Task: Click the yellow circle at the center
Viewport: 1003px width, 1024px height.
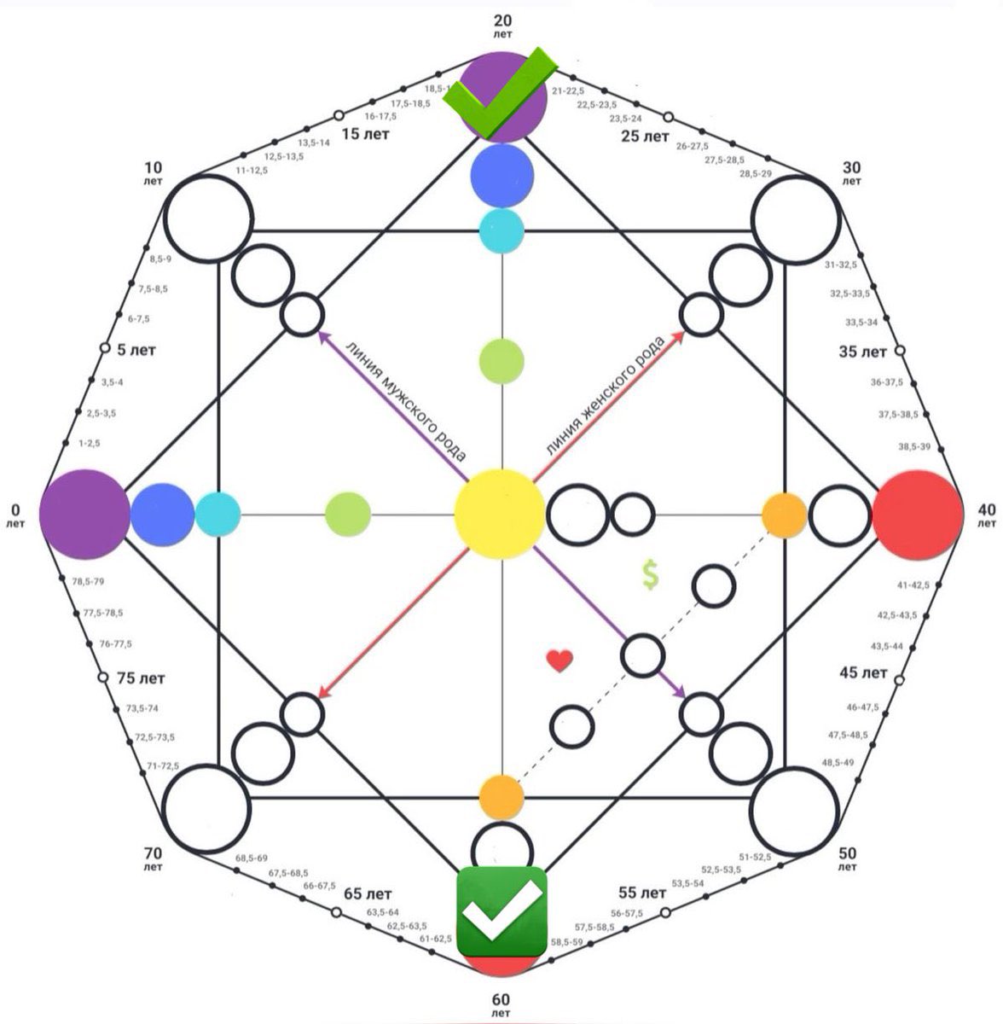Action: pos(500,514)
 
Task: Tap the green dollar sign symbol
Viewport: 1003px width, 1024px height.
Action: pos(651,576)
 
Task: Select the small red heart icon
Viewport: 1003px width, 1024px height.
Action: pos(559,660)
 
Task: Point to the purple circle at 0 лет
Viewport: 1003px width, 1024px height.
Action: pos(84,515)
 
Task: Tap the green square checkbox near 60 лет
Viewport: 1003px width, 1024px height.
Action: pos(501,911)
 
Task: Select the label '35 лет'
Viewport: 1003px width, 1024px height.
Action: pos(862,352)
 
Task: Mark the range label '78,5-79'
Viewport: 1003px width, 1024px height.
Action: pos(89,582)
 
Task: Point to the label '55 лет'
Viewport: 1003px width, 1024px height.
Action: pos(641,893)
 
